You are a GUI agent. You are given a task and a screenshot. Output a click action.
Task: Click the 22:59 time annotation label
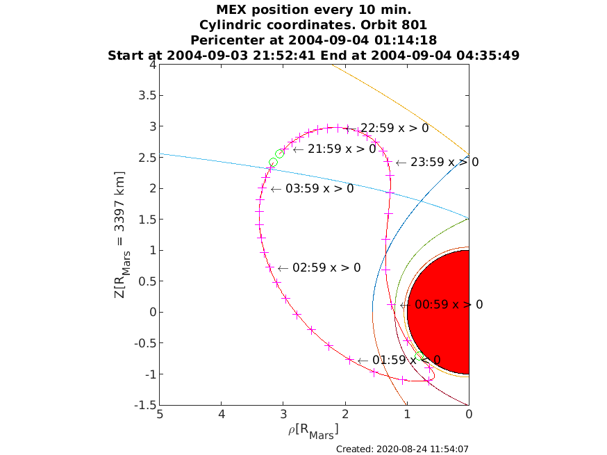(387, 128)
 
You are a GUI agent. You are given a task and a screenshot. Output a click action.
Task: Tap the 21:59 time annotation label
(335, 149)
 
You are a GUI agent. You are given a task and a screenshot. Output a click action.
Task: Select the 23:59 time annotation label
(438, 162)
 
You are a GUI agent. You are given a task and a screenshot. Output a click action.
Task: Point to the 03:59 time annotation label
(312, 188)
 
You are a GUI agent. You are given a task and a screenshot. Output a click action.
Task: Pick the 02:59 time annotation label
(319, 267)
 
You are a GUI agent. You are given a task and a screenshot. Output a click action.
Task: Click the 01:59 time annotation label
(399, 360)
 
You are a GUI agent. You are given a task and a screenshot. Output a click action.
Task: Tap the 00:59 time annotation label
(442, 305)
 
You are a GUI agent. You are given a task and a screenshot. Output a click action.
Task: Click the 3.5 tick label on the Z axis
(147, 95)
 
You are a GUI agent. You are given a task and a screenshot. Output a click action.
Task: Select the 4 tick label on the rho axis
(222, 415)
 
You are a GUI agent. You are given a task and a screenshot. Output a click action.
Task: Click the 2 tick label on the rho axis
(345, 415)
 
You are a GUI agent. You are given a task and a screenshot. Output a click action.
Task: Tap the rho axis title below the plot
(313, 431)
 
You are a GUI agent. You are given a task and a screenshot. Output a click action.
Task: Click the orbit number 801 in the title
(413, 25)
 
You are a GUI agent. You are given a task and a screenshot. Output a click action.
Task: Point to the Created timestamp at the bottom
(402, 449)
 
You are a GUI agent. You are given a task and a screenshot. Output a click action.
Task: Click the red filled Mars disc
(440, 312)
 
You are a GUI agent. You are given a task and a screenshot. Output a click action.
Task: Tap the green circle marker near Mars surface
(419, 356)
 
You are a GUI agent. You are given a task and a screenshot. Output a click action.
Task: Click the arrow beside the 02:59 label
(283, 268)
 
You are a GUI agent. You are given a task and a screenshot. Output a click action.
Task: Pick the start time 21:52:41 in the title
(284, 56)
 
